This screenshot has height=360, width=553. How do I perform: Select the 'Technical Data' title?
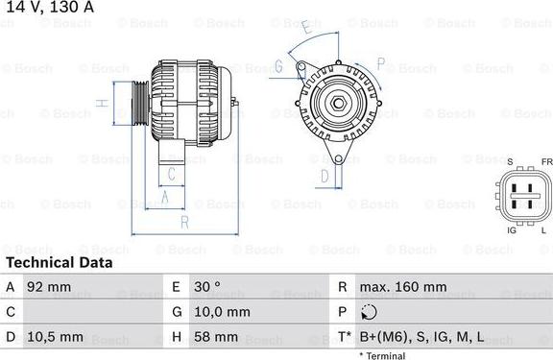pyautogui.click(x=59, y=262)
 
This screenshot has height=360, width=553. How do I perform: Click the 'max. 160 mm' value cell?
pyautogui.click(x=403, y=286)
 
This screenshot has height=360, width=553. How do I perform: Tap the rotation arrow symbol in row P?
pyautogui.click(x=371, y=312)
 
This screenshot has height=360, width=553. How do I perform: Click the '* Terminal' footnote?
pyautogui.click(x=382, y=355)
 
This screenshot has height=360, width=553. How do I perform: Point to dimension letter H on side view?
pyautogui.click(x=100, y=103)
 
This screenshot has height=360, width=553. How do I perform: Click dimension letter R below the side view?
pyautogui.click(x=183, y=222)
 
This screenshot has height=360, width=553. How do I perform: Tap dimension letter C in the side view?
pyautogui.click(x=171, y=174)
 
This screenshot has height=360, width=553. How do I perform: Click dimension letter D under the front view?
pyautogui.click(x=325, y=176)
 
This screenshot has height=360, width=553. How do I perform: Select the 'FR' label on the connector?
pyautogui.click(x=546, y=162)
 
